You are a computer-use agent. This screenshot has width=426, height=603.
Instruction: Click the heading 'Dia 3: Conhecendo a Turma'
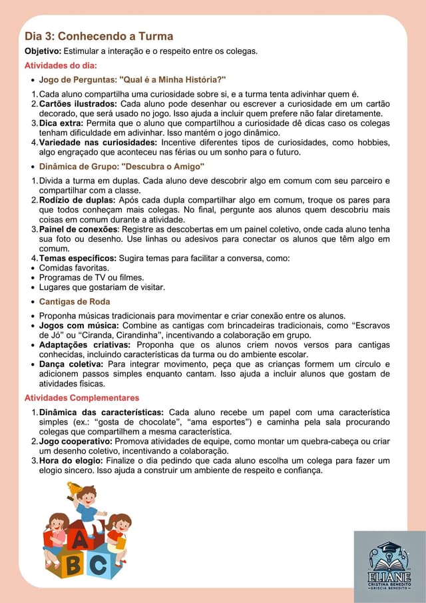click(99, 36)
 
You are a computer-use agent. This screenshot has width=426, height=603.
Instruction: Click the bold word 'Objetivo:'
click(43, 51)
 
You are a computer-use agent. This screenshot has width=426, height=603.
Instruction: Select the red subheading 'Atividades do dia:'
click(61, 65)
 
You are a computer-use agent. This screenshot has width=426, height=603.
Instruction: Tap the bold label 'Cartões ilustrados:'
click(78, 104)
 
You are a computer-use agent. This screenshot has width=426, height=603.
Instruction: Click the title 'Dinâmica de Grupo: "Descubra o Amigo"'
click(122, 167)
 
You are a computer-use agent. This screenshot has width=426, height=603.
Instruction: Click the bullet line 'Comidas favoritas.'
click(74, 268)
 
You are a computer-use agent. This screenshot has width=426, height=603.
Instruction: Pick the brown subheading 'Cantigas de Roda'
click(75, 302)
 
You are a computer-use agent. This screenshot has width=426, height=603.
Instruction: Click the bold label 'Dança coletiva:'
click(71, 364)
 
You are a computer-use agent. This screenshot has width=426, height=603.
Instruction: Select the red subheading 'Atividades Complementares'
click(82, 398)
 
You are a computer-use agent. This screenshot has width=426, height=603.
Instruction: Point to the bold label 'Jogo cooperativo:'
click(76, 441)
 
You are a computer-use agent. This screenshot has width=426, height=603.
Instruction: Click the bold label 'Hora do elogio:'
click(71, 460)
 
